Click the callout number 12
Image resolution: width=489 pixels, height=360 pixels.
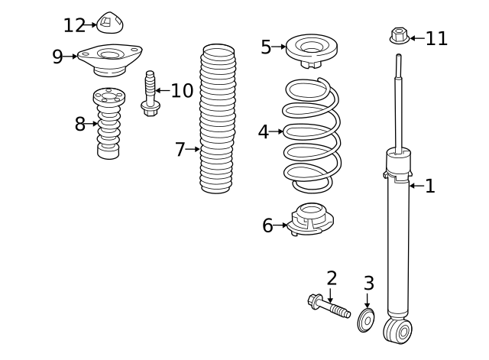75,25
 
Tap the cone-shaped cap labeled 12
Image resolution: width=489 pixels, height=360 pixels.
110,23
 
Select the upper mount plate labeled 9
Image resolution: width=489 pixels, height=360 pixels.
110,60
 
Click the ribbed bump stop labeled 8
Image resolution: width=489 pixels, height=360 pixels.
108,123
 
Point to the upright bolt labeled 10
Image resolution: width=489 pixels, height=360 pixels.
150,93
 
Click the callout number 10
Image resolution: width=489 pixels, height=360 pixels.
182,91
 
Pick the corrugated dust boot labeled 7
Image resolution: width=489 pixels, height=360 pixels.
218,118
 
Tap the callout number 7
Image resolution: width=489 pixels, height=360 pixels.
180,150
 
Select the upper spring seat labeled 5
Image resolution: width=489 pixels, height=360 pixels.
312,50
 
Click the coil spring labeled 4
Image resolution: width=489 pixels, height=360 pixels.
312,135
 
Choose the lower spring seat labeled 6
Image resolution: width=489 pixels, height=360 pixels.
310,219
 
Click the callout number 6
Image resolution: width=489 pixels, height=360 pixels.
267,225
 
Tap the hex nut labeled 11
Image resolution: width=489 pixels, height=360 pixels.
400,36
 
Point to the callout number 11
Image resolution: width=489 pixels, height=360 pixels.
436,39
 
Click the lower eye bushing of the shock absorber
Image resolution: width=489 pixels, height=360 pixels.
398,331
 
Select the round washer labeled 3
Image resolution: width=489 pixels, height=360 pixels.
366,320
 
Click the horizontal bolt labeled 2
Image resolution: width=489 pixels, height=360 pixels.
329,306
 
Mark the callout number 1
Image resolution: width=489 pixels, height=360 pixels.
430,186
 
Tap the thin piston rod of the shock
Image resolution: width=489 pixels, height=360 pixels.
398,104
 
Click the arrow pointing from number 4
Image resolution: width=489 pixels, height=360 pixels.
276,131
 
